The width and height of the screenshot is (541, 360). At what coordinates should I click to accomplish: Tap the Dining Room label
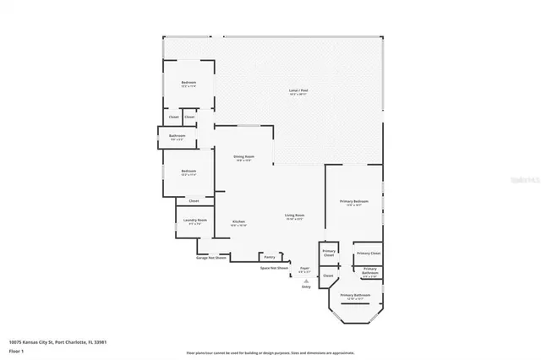pyautogui.click(x=244, y=158)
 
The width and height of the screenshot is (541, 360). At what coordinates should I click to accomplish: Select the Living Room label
pyautogui.click(x=293, y=217)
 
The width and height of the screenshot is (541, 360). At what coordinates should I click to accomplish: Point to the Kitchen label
pyautogui.click(x=238, y=224)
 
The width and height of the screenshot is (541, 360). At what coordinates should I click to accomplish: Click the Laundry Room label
pyautogui.click(x=192, y=222)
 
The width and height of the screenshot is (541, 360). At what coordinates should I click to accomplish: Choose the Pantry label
pyautogui.click(x=269, y=256)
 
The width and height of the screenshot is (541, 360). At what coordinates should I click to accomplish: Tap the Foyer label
pyautogui.click(x=304, y=270)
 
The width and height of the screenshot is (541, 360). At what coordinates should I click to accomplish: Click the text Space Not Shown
pyautogui.click(x=274, y=267)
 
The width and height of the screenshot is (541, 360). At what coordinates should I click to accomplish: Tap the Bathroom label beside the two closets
pyautogui.click(x=177, y=137)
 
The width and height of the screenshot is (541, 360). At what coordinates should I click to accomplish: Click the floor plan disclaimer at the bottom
pyautogui.click(x=270, y=352)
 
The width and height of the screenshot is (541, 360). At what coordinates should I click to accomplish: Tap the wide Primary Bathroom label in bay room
pyautogui.click(x=355, y=297)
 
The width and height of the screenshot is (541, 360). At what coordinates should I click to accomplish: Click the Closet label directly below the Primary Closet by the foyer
pyautogui.click(x=329, y=275)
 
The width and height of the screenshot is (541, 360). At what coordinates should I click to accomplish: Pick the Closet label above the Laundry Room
pyautogui.click(x=194, y=201)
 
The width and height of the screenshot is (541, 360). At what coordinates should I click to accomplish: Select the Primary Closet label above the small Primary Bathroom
pyautogui.click(x=368, y=253)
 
